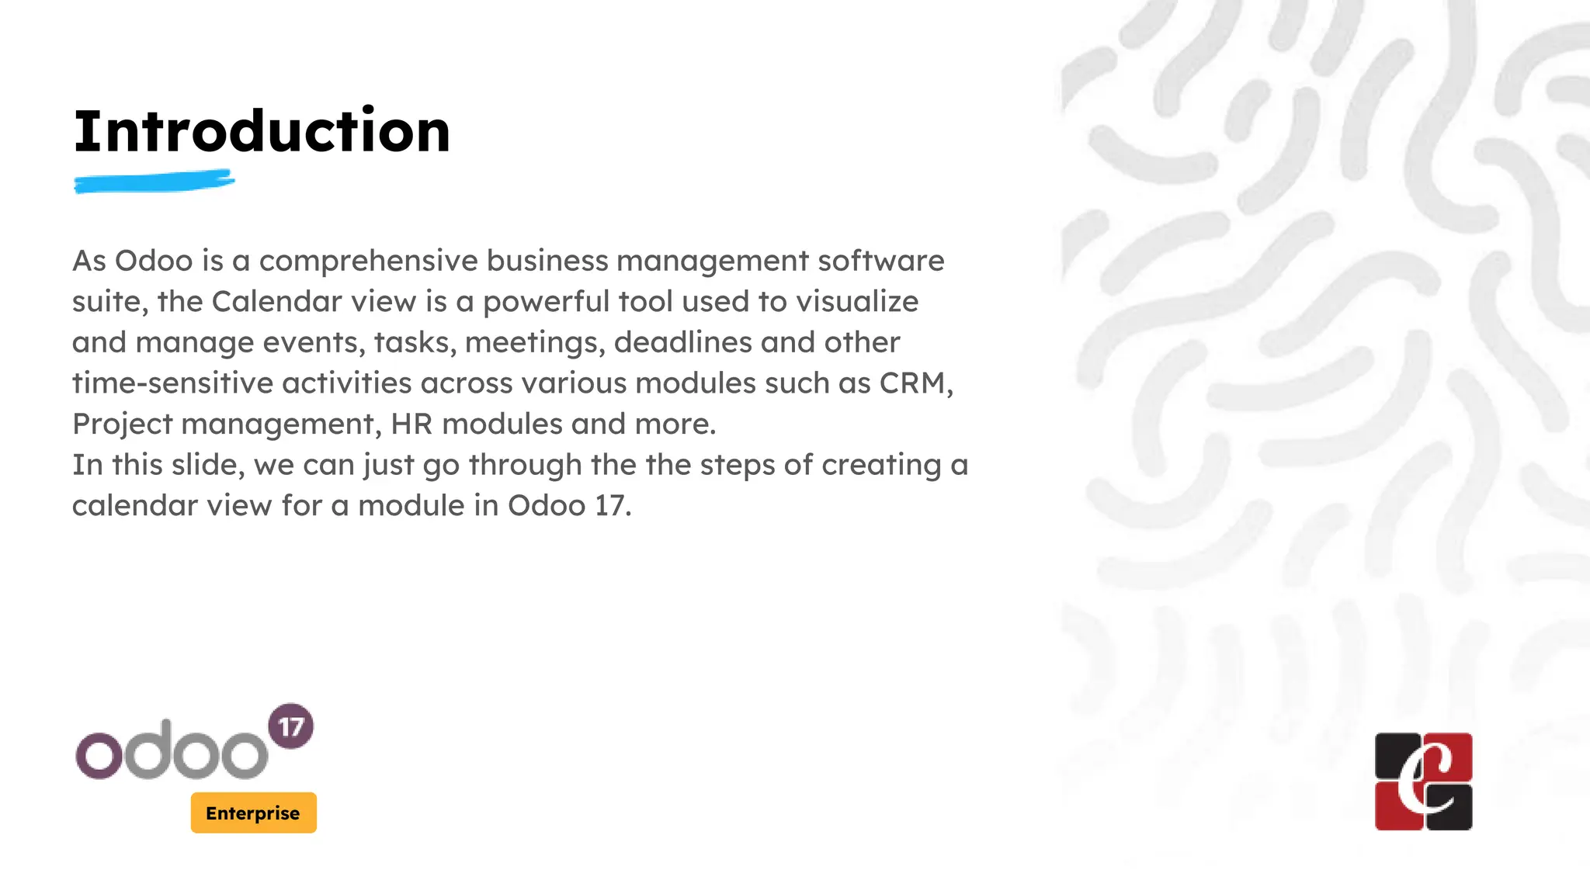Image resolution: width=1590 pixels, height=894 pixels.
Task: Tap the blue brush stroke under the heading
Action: click(154, 182)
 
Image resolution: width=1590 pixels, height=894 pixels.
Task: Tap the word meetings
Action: click(535, 343)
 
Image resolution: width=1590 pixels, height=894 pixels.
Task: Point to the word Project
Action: click(122, 424)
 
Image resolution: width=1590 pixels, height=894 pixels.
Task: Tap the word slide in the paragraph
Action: click(208, 465)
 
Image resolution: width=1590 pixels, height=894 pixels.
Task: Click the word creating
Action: click(881, 465)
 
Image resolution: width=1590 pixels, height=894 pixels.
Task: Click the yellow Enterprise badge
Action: click(253, 813)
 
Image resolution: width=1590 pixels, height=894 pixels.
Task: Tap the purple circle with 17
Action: click(290, 726)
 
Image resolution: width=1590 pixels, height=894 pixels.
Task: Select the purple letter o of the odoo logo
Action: click(99, 755)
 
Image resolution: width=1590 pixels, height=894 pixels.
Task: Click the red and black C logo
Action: click(1423, 781)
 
